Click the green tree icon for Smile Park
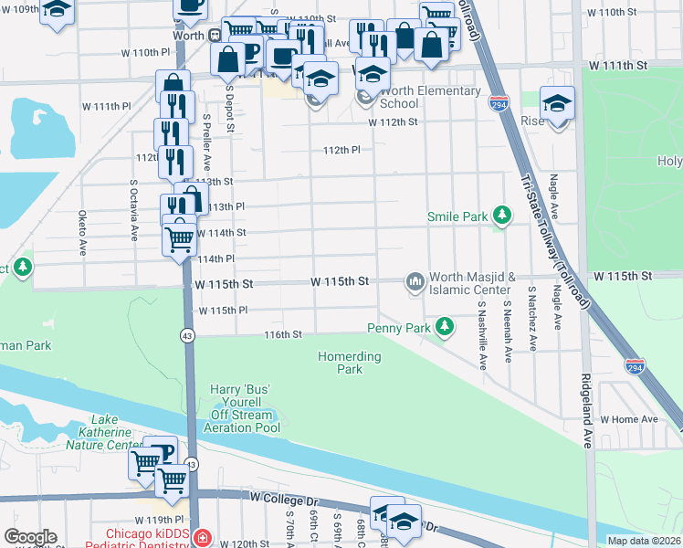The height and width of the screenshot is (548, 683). coord(501,216)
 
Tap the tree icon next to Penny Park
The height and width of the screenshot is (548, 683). coord(445,326)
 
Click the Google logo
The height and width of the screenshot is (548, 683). coord(30,537)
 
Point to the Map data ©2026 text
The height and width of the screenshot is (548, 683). coord(644,541)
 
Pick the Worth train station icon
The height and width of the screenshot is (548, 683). coord(214,36)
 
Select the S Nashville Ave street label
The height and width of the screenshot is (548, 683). coord(482,325)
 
